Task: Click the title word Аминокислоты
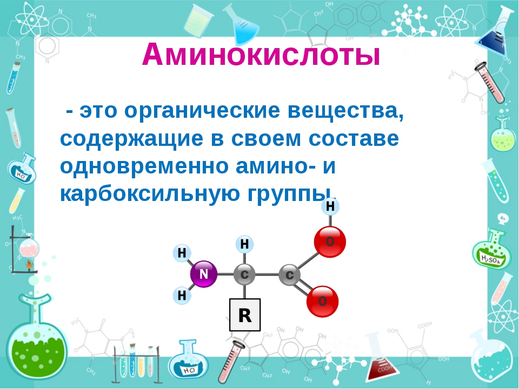(x=261, y=55)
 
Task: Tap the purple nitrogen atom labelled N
(x=204, y=274)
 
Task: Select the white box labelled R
(x=245, y=315)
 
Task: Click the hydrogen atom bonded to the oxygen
(x=330, y=206)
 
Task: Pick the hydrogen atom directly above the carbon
(x=244, y=244)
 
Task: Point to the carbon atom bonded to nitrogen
(x=244, y=274)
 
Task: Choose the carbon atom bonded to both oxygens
(x=290, y=275)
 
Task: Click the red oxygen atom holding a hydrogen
(x=330, y=242)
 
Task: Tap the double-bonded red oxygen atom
(x=322, y=301)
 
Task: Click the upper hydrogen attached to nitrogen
(x=182, y=253)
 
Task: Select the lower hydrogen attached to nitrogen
(x=182, y=296)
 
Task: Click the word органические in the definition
(x=202, y=111)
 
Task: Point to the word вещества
(x=345, y=111)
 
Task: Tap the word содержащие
(x=131, y=139)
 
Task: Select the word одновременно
(x=144, y=166)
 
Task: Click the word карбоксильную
(x=150, y=194)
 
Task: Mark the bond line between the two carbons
(x=267, y=274)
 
